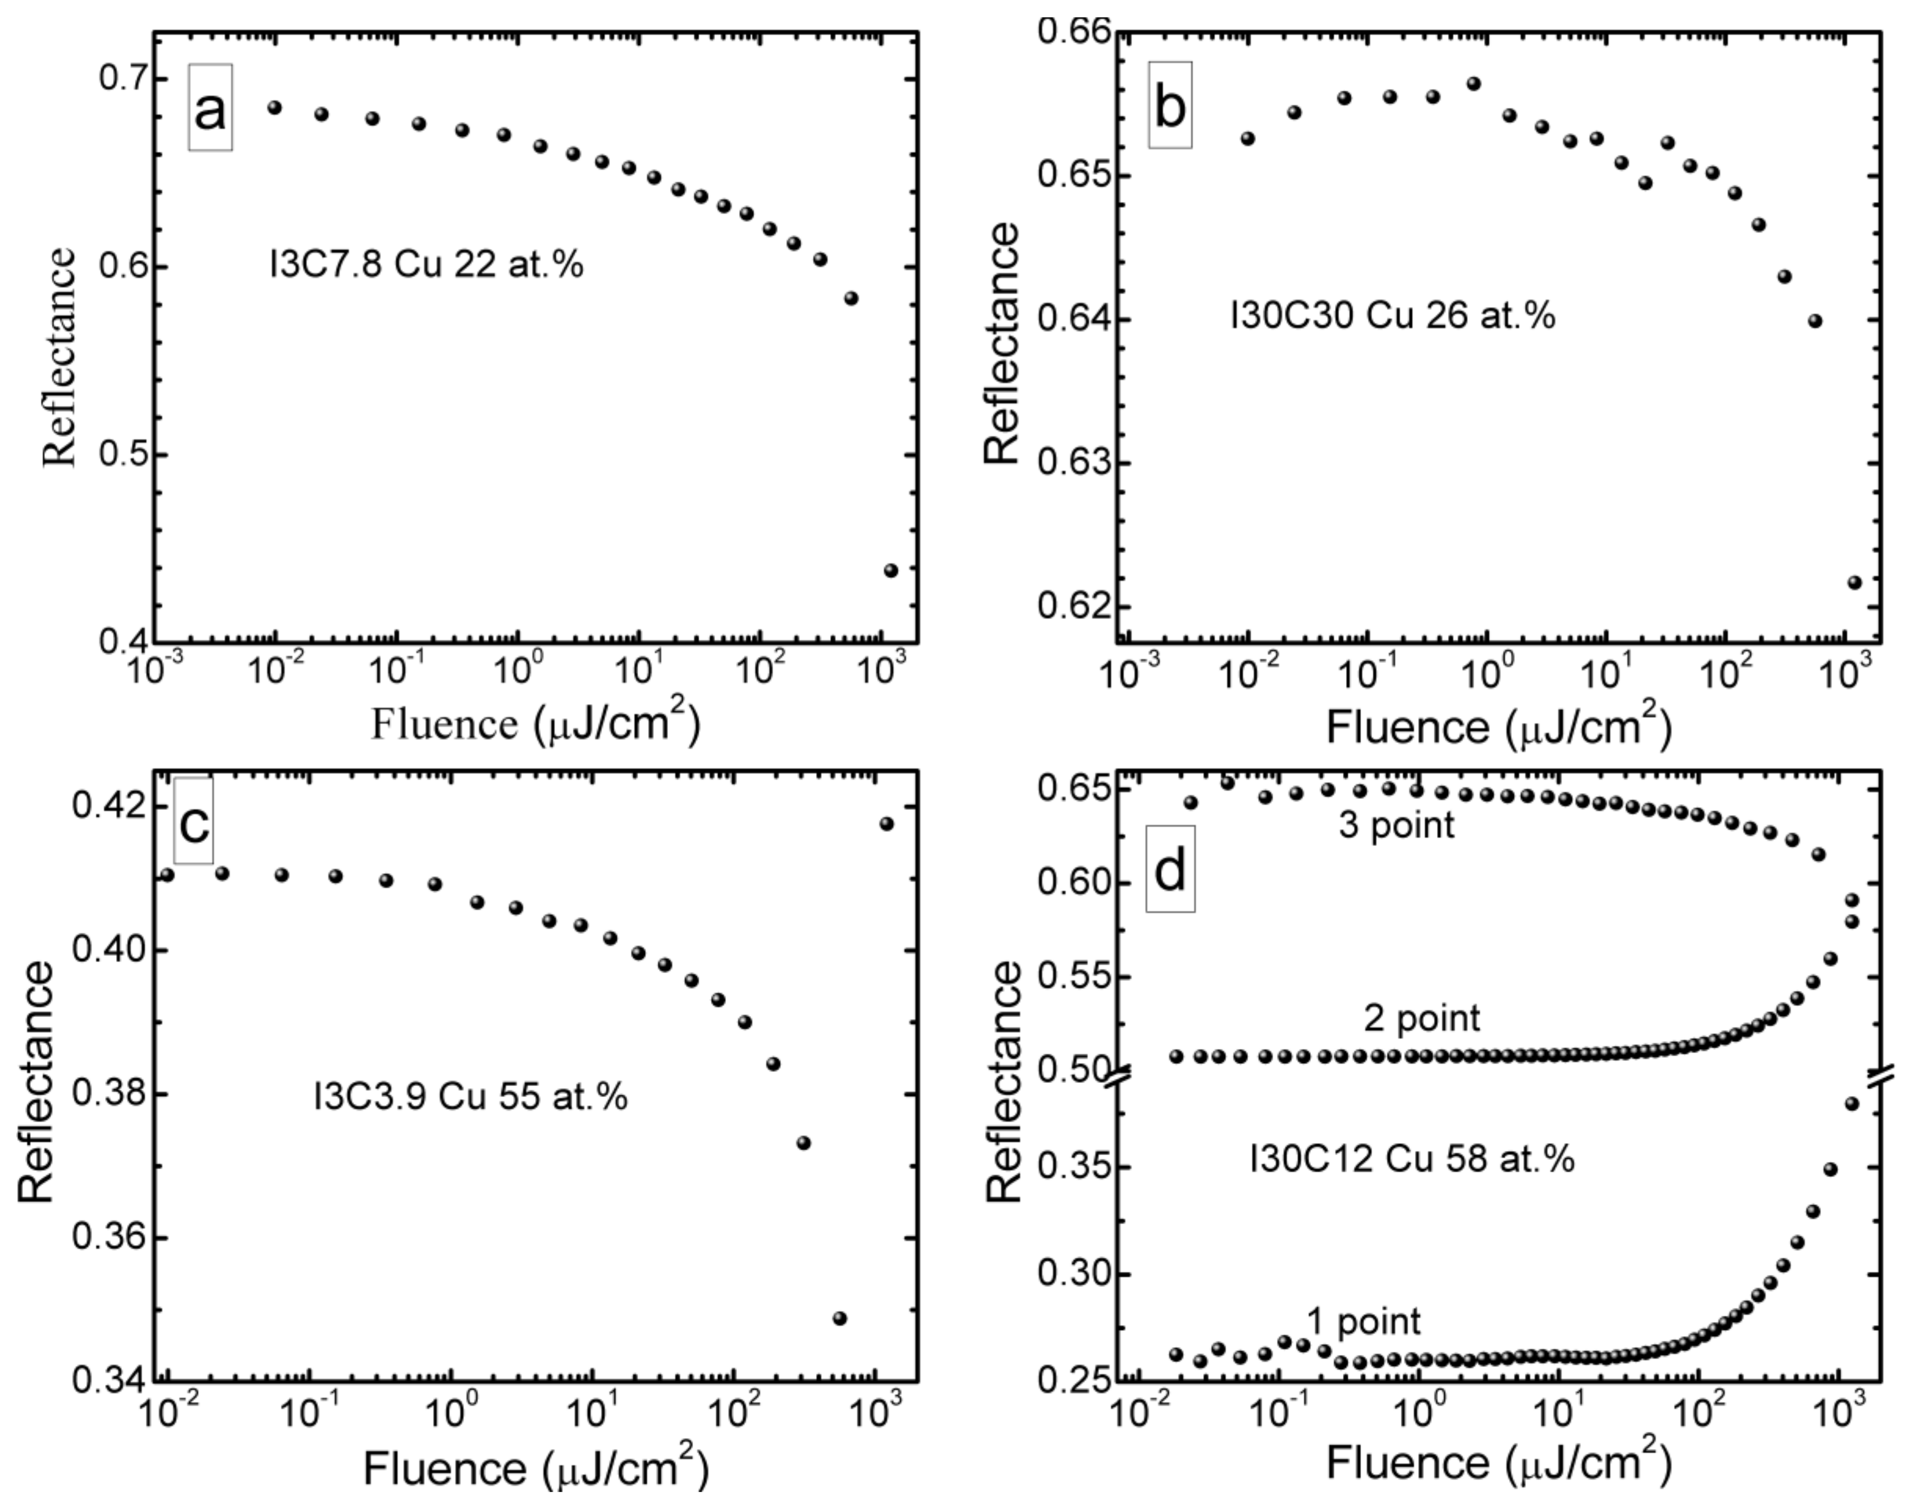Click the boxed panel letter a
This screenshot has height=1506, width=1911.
pos(210,108)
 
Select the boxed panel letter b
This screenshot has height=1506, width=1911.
pos(1170,106)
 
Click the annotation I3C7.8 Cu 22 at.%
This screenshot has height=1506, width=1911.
pos(426,265)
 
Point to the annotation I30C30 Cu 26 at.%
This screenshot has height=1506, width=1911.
pos(1392,316)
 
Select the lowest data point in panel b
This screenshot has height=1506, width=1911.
pos(1854,582)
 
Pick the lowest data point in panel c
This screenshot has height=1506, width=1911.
pos(839,1318)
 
